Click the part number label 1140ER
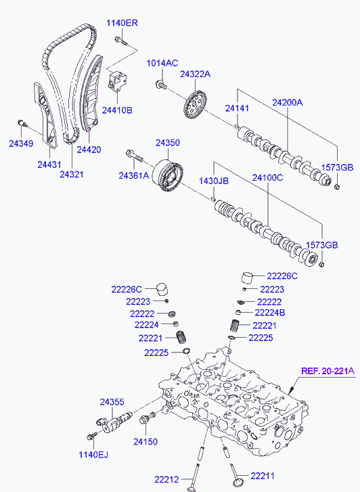[122, 23]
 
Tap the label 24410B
[117, 110]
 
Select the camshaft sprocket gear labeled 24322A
[195, 105]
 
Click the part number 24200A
[287, 102]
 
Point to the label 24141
[237, 108]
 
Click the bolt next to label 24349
[22, 122]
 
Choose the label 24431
[49, 164]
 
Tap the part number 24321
[72, 174]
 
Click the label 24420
[89, 150]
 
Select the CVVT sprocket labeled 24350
[168, 175]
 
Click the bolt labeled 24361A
[134, 156]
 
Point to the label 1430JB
[214, 181]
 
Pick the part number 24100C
[267, 177]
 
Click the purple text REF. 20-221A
[328, 371]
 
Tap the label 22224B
[270, 313]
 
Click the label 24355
[112, 401]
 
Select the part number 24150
[145, 441]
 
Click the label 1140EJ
[93, 454]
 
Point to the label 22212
[166, 479]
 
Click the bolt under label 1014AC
[161, 85]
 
